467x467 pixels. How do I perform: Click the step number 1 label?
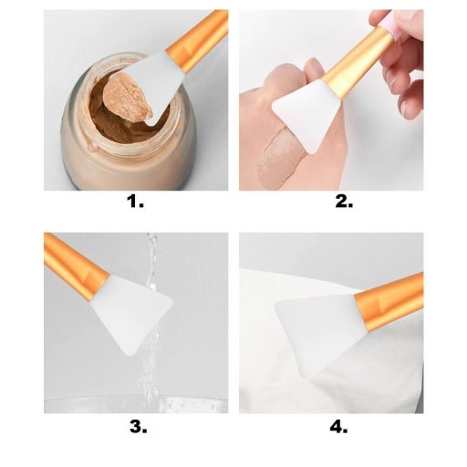tap(135, 202)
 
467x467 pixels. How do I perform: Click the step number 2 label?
tap(344, 202)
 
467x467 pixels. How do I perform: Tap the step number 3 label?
tap(138, 427)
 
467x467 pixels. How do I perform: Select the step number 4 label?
tap(338, 427)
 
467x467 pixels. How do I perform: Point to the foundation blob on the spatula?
tap(128, 98)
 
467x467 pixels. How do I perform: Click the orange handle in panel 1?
tap(199, 38)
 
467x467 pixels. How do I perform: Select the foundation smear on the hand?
tap(280, 158)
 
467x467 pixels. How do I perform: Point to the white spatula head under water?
tap(131, 313)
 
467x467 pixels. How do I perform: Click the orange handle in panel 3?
tap(76, 265)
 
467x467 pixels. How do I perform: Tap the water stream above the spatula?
tap(152, 258)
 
